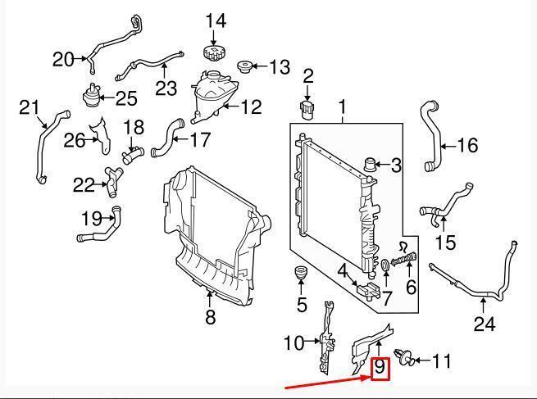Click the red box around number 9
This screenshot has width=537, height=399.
pos(380,370)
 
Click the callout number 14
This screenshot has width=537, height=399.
pos(215,20)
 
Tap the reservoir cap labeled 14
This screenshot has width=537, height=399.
pos(215,52)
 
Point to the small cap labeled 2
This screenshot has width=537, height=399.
pos(308,109)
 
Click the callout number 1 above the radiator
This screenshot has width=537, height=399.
pos(342,107)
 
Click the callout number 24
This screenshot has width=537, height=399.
pos(485,324)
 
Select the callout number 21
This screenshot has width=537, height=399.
pos(29,107)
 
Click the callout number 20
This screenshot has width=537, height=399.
pos(63,59)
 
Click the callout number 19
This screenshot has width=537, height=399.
pos(92,218)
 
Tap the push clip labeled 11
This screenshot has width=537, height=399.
pos(403,357)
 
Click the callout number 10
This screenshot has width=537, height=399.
pos(294,342)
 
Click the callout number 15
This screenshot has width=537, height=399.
pos(445,243)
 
